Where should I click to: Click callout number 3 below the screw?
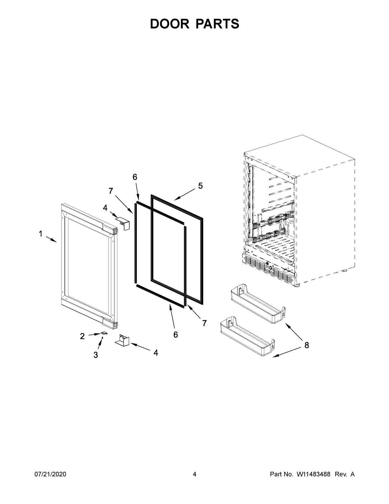click(x=96, y=355)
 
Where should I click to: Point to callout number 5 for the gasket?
click(x=200, y=186)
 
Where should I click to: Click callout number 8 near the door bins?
click(x=306, y=345)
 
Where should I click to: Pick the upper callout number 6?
click(x=135, y=177)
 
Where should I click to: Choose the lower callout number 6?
click(x=175, y=335)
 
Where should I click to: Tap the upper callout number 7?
click(x=111, y=191)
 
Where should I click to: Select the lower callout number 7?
click(x=204, y=323)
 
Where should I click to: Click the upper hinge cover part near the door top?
click(x=123, y=223)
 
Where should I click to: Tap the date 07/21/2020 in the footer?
click(x=50, y=474)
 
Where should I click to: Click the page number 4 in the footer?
click(x=194, y=474)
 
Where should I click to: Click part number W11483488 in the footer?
click(x=313, y=474)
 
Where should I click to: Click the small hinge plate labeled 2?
click(x=104, y=333)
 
